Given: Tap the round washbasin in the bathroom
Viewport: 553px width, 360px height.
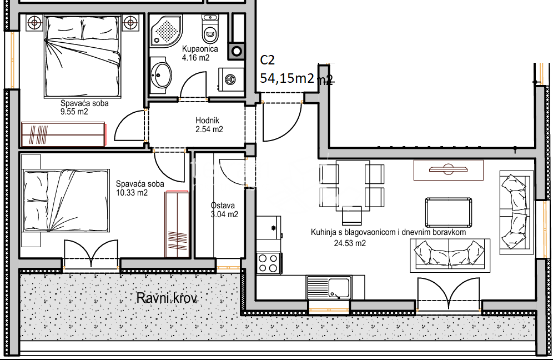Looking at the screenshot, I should [x=162, y=74].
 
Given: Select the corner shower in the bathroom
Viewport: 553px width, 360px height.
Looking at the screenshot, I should [x=167, y=31].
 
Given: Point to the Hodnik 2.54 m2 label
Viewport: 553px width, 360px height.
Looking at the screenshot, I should [x=208, y=125].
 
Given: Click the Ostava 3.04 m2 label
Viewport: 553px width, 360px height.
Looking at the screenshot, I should [x=224, y=209].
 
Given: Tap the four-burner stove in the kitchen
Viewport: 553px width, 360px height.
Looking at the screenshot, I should [x=269, y=262].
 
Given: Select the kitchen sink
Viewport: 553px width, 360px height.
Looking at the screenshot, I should [x=329, y=288].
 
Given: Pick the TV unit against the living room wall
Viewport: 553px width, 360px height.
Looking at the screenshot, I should [x=448, y=169].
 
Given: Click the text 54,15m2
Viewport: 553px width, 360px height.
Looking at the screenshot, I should [x=287, y=78].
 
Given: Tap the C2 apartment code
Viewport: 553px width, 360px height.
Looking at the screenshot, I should [x=268, y=61].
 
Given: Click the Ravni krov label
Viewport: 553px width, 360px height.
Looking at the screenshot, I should [x=167, y=298].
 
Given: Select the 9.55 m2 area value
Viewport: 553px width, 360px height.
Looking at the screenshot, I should [x=74, y=112].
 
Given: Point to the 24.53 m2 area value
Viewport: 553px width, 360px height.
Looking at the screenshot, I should [x=350, y=243].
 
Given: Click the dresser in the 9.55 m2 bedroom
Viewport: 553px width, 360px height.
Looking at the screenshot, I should [x=63, y=134].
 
